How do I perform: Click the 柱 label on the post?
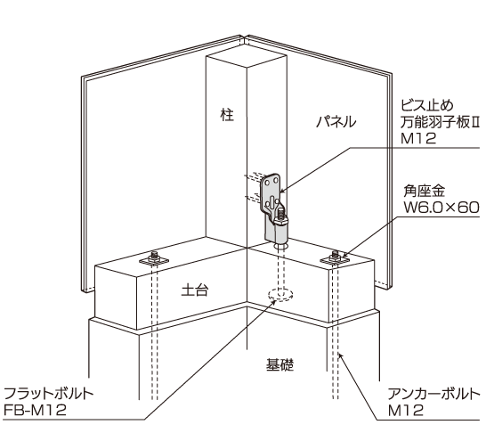[227, 114]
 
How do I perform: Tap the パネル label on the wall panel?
[336, 121]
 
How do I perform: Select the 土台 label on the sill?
[195, 290]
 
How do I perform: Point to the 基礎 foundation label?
[279, 364]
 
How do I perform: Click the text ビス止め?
[427, 105]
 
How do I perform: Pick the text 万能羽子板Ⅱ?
[440, 122]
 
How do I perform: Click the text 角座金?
[424, 191]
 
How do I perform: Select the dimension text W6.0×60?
[441, 208]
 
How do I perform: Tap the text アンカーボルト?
[434, 394]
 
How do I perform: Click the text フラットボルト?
[49, 393]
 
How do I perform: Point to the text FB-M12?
[35, 410]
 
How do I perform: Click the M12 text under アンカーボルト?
[406, 411]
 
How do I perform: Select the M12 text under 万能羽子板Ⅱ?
[418, 138]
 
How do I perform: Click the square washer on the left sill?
[153, 260]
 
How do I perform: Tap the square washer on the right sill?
[335, 260]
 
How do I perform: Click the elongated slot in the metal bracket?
[271, 203]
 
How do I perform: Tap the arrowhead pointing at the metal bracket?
[282, 189]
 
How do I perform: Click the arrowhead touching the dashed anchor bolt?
[340, 355]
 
